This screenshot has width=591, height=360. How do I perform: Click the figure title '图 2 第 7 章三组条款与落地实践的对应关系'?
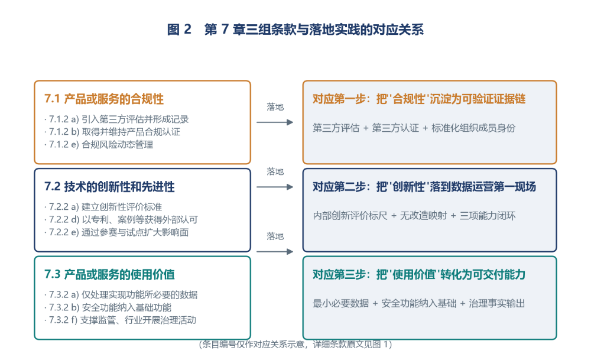pos(295,30)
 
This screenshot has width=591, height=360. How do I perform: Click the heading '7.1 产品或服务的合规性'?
pos(104,99)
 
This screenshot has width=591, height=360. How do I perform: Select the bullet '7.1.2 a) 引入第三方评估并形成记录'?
pos(116,119)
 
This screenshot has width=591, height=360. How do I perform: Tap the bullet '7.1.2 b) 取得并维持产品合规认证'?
pos(112,132)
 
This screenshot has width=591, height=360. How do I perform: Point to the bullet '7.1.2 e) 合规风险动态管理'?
pos(99,145)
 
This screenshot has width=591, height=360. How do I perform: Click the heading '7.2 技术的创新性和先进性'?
pos(109,187)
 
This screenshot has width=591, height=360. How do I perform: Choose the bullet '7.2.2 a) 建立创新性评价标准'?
pos(103,207)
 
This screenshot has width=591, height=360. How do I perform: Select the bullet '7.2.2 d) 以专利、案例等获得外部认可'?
pos(121,220)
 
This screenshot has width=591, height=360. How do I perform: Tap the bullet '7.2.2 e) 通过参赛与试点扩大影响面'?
pos(116,232)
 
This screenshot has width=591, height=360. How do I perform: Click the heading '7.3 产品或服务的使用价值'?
pos(109,274)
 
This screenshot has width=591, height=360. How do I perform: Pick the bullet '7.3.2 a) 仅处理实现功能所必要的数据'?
pos(121,295)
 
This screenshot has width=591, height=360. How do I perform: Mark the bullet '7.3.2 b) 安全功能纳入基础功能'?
pos(108,307)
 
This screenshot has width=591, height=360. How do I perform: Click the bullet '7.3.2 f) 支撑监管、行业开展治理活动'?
pos(120,320)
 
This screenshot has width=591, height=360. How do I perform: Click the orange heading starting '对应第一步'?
pos(419,99)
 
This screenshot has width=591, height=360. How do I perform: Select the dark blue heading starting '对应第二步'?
pos(424,187)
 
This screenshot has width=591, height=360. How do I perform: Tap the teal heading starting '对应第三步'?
pos(419,274)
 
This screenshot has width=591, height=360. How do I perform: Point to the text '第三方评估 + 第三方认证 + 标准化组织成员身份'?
pos(414,128)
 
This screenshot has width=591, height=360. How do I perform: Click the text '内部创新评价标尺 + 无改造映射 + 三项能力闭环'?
pos(414,216)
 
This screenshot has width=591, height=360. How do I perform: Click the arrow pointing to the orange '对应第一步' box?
pos(275,122)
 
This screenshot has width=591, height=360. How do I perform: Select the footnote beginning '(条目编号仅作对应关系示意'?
pos(295,344)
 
